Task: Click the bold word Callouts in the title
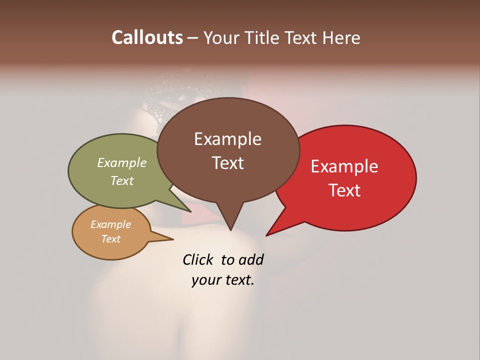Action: point(147,37)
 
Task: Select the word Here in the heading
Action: point(342,37)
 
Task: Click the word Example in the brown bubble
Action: point(227,139)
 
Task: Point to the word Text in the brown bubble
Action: point(227,163)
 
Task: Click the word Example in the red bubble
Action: point(344,166)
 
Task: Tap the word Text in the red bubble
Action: point(344,190)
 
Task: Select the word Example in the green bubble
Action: point(122,163)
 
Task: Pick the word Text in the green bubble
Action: point(122,181)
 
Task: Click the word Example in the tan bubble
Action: point(110,224)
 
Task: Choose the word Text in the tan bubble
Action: point(110,239)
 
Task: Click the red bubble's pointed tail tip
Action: point(267,235)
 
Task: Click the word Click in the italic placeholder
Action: point(199,260)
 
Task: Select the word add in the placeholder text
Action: point(251,260)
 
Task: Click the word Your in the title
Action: point(219,37)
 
